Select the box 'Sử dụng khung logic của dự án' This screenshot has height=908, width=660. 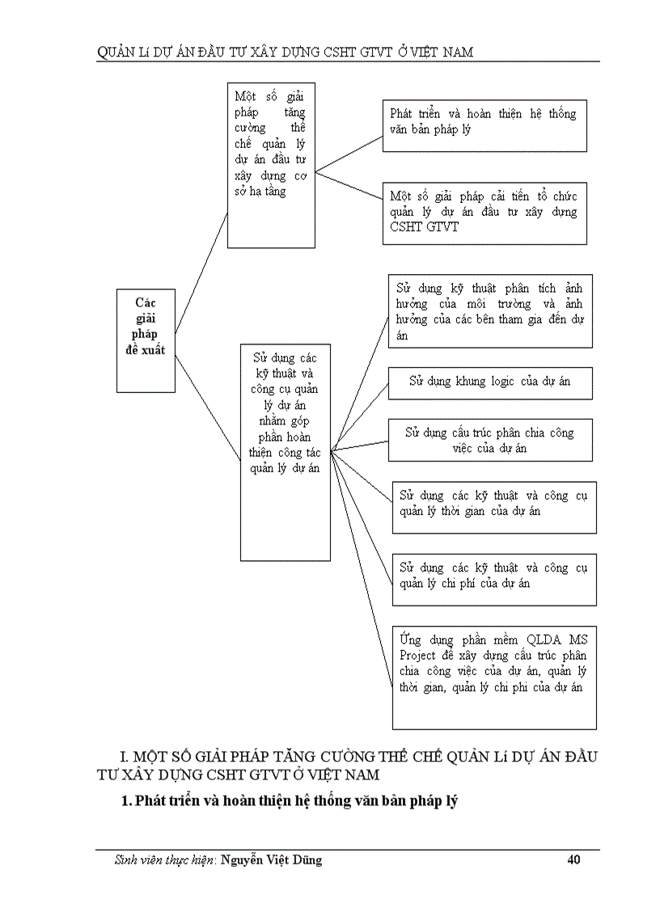490,382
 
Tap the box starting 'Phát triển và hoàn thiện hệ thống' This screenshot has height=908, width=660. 484,125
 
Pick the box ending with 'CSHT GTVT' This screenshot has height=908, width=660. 484,213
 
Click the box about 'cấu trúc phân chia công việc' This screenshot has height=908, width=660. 490,440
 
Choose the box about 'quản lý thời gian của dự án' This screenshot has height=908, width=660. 493,507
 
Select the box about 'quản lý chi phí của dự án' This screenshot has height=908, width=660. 493,579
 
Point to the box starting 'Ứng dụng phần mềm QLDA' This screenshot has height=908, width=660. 493,678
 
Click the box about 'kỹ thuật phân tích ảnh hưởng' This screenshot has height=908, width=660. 490,310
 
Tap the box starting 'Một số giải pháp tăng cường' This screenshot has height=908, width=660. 270,165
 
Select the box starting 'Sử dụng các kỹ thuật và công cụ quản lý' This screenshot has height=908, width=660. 286,451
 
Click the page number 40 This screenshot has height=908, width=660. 573,860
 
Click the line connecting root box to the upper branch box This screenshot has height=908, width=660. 201,271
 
